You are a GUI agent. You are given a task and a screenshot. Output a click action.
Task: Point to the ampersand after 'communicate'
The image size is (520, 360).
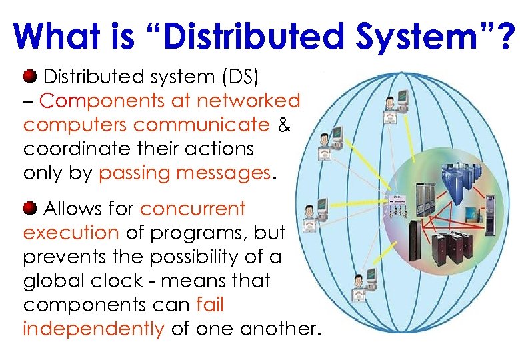[x=283, y=125]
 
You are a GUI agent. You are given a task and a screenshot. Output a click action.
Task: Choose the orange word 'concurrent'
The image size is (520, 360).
[x=193, y=209]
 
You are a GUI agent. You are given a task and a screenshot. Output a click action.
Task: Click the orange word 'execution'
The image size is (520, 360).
[x=71, y=233]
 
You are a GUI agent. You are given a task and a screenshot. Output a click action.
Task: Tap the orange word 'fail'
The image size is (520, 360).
[x=210, y=305]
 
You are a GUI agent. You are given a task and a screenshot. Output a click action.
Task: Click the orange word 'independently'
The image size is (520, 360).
[x=93, y=329]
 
